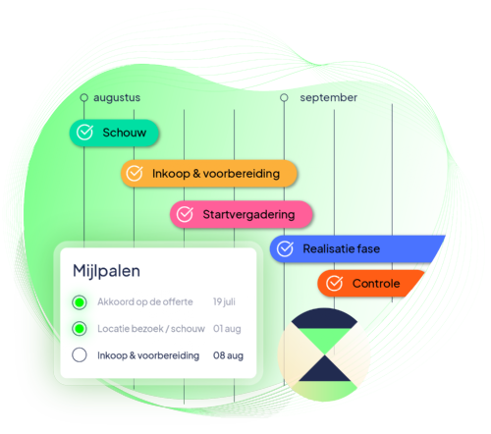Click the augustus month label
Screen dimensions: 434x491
118,97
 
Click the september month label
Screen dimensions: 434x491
329,97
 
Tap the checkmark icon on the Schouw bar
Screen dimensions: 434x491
85,133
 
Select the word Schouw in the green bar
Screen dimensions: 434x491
124,133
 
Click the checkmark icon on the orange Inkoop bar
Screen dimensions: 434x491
136,174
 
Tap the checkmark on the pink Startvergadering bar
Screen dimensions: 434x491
186,214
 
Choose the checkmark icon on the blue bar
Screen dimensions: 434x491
285,249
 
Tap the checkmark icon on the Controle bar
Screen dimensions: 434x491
334,284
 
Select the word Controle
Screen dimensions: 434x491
376,284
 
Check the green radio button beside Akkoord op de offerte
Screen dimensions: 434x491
80,301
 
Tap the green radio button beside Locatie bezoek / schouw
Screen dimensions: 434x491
80,328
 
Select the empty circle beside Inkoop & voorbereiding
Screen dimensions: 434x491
80,355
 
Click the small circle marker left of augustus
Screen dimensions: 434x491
84,97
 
